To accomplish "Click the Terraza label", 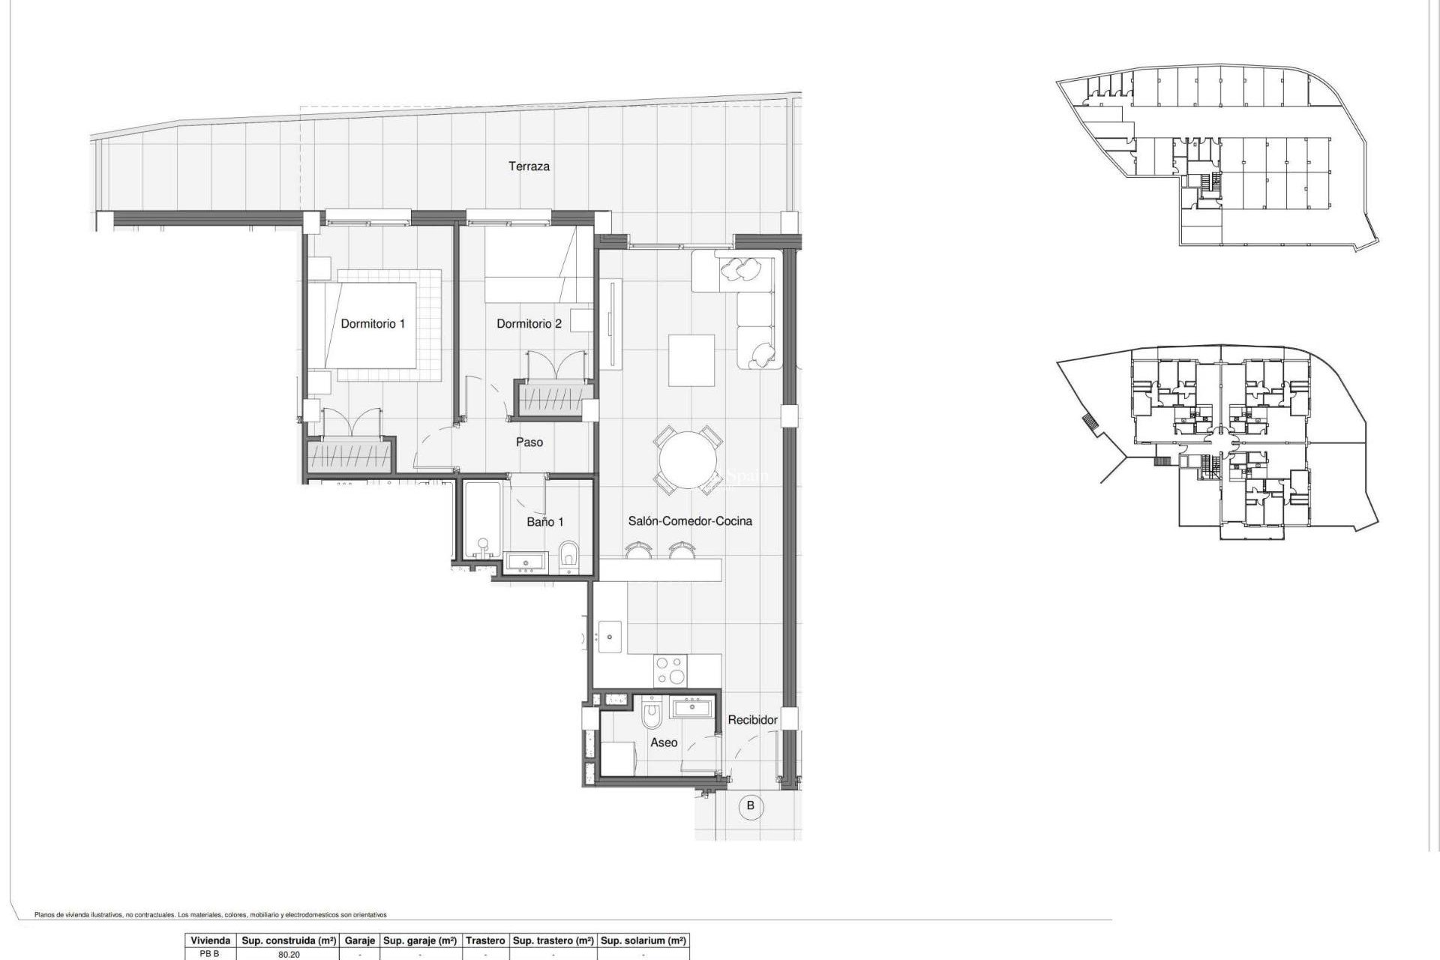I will click(529, 166).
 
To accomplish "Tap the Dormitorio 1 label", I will click(373, 324).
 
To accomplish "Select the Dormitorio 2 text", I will click(529, 324).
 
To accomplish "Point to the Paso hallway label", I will click(529, 442).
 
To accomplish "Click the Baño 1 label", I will click(544, 522).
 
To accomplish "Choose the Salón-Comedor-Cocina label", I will click(690, 521).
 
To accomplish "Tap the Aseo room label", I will click(664, 742).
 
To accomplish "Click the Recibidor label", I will click(752, 720).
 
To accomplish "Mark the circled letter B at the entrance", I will click(750, 807).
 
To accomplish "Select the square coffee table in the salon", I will click(691, 360).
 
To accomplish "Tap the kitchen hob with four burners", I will click(669, 670).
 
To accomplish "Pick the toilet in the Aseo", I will click(651, 716).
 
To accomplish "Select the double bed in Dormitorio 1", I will click(373, 326).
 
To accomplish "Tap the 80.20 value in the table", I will click(289, 955).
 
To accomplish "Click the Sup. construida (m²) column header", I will click(289, 940).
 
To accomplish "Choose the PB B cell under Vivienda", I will click(209, 955).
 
